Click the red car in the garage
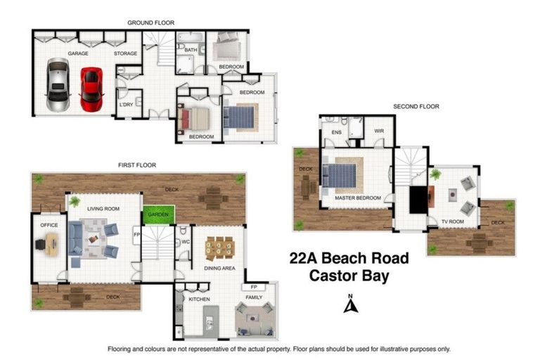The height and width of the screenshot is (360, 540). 91,89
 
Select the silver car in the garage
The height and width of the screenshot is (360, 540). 58,85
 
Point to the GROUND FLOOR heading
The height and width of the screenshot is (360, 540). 150,23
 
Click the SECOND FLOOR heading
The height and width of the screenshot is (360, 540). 416,107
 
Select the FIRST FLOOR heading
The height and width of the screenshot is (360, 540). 137,165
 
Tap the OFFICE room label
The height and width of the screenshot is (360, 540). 49,225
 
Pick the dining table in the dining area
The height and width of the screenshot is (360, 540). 219,247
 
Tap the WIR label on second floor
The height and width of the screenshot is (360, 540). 379,131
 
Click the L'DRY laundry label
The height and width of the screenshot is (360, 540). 127,105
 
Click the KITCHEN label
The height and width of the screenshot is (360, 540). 200,300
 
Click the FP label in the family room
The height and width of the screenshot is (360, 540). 252,288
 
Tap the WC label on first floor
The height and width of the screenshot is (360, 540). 187,242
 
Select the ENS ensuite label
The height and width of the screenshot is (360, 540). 336,131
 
